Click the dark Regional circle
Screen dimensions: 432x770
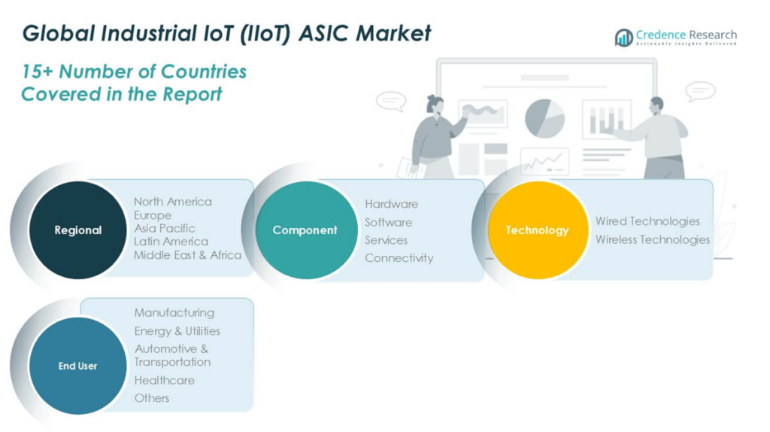[77, 230]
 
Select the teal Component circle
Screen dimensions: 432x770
[305, 230]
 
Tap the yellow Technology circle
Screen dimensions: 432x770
[537, 230]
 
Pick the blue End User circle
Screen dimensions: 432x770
[77, 366]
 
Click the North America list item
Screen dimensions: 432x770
[173, 202]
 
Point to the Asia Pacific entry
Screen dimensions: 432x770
[165, 228]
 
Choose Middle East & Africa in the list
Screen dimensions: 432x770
[187, 255]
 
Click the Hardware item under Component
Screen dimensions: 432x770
[391, 204]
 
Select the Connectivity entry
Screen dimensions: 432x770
[399, 258]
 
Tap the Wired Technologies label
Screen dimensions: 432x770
[647, 221]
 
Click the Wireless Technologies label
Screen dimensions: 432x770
[653, 239]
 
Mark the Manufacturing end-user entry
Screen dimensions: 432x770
[174, 312]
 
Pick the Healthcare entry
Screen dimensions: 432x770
[165, 380]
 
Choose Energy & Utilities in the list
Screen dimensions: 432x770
[177, 331]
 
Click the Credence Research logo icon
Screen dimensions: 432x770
[623, 38]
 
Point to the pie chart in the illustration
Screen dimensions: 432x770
[544, 118]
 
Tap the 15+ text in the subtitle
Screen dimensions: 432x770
[37, 71]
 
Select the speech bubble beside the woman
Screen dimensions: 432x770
[390, 101]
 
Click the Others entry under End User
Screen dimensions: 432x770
[152, 398]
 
